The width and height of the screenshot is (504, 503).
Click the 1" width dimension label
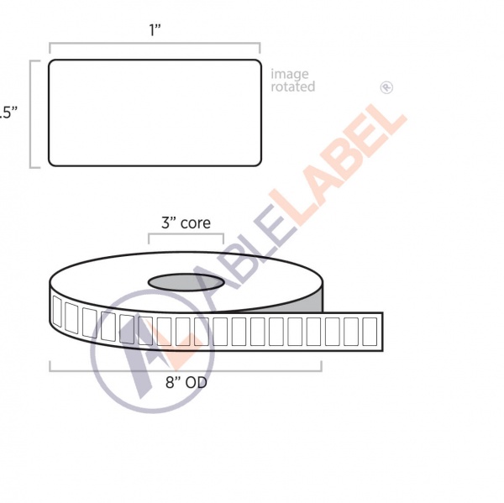(x=155, y=29)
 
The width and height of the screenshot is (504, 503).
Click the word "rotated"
(x=292, y=87)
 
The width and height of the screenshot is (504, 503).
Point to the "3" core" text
(x=186, y=223)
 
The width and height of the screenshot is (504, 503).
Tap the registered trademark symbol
(x=386, y=86)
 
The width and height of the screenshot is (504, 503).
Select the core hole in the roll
(x=186, y=280)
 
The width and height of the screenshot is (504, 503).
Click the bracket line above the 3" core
(x=186, y=236)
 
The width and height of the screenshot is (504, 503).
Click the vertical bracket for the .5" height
(x=32, y=113)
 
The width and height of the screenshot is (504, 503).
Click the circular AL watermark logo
(x=151, y=353)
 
